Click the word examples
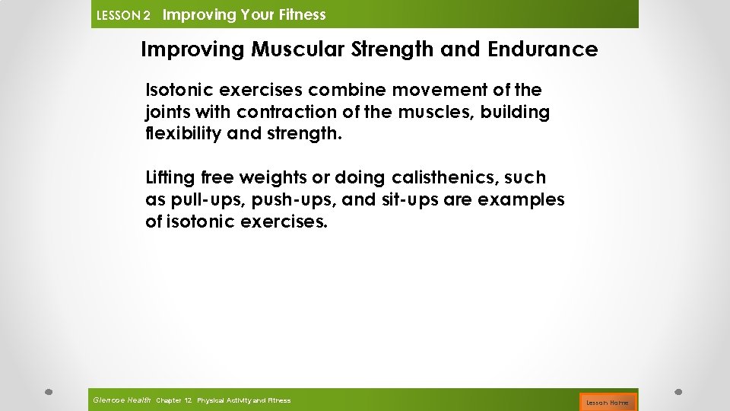526,200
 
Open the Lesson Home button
607,402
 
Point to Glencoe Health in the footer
121,400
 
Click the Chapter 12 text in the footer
173,400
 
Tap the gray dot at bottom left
48,392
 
